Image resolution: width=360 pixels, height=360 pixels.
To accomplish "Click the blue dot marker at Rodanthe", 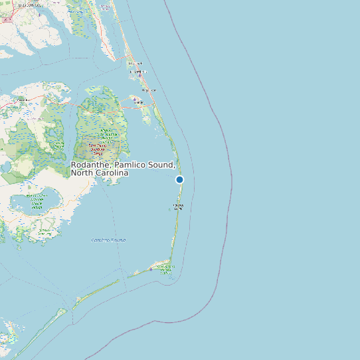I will pos(179,179).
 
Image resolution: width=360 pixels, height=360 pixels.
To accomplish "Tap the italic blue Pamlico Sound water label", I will pos(108,240).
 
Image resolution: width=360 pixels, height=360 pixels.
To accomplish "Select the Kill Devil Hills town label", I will pos(137,71).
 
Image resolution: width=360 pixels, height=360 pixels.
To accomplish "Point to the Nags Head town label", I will pos(149,90).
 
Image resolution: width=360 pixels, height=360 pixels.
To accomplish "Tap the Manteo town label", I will pos(139,102).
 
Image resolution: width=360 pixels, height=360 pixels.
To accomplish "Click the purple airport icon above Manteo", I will pos(135,98).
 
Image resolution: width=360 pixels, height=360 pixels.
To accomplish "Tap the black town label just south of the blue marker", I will pos(178,207).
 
